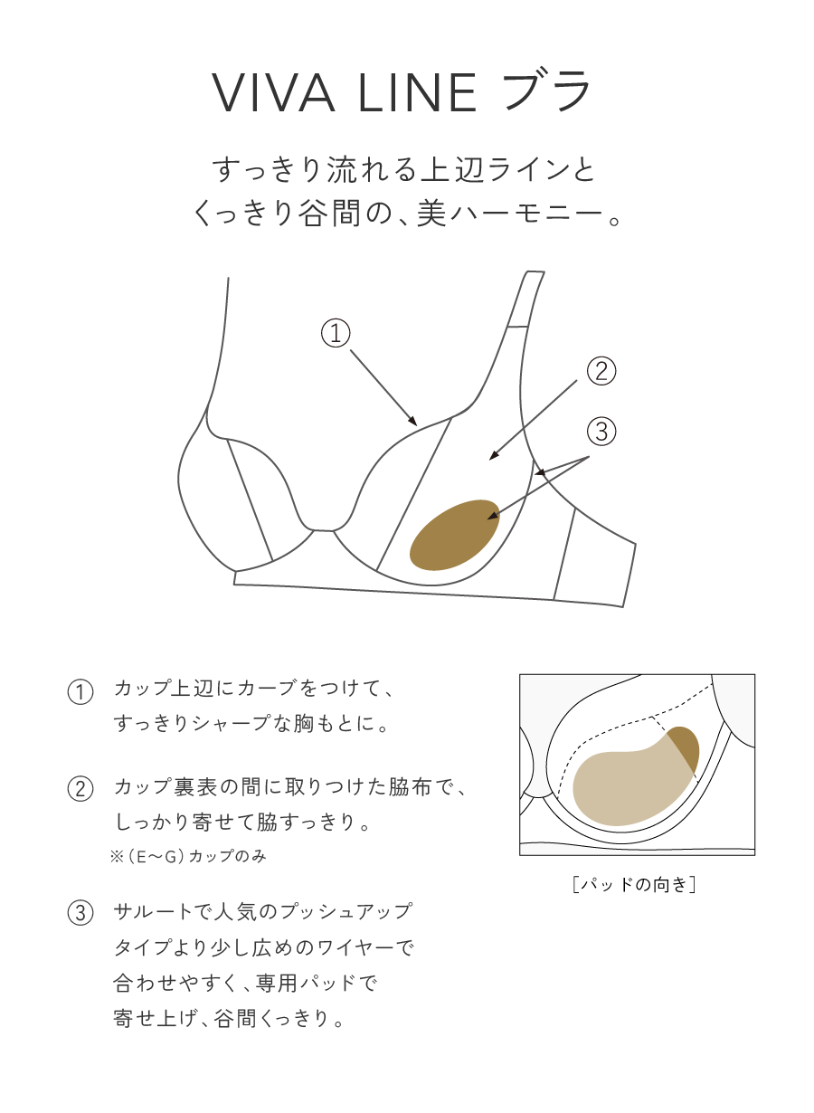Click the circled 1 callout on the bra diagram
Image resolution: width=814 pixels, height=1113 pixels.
click(x=336, y=333)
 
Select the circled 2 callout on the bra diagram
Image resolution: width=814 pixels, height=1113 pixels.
click(x=601, y=371)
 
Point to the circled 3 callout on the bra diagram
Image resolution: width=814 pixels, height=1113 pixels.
click(x=601, y=432)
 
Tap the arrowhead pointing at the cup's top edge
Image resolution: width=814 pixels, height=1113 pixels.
click(x=412, y=422)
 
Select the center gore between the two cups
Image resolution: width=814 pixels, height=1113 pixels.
click(x=322, y=527)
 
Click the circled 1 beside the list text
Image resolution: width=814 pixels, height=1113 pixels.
click(x=80, y=692)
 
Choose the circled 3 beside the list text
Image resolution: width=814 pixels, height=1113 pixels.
click(x=80, y=913)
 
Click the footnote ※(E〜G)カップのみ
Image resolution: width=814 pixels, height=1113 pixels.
click(x=187, y=856)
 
